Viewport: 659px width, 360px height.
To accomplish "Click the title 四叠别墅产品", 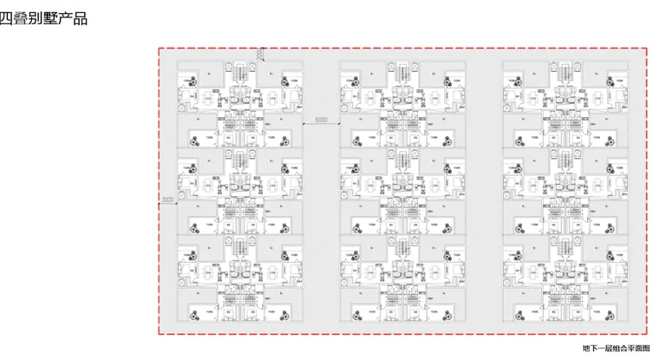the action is pos(43,18).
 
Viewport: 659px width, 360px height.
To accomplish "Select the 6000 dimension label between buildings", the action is pos(321,119).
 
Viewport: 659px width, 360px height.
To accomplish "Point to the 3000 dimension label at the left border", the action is pos(168,200).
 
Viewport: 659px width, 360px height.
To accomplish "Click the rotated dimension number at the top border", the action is pos(260,55).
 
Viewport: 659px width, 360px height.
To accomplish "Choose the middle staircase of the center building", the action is pos(400,161).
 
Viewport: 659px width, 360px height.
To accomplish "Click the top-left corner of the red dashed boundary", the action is pos(159,48).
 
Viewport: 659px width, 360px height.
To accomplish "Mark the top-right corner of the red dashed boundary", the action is pos(648,48).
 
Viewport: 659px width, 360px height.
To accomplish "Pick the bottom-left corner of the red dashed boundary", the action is pos(159,334).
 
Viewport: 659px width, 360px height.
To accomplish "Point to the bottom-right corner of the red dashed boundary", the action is pos(648,334).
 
